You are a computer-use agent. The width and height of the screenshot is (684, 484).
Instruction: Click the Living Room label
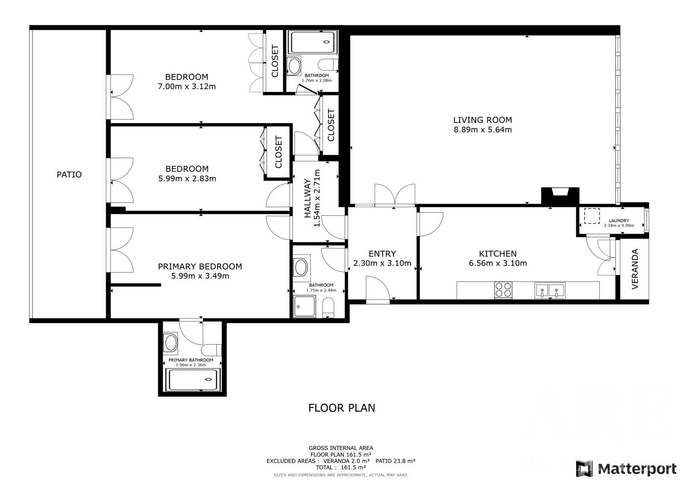[x=483, y=120]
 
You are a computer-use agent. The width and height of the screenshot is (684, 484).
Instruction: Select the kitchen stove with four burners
[x=503, y=290]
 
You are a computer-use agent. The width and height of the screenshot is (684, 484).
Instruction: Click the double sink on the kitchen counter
[x=550, y=291]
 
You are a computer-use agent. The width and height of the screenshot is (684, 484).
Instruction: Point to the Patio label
[x=69, y=175]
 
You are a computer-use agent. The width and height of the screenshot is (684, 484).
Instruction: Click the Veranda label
[x=635, y=269]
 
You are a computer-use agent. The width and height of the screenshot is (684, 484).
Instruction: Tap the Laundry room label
[x=619, y=220]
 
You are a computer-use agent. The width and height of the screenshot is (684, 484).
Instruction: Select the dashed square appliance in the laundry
[x=592, y=216]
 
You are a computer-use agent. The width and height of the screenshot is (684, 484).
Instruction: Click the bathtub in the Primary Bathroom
[x=192, y=380]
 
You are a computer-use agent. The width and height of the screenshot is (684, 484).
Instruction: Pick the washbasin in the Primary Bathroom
[x=171, y=343]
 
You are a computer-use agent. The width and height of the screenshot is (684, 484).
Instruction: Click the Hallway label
[x=307, y=198]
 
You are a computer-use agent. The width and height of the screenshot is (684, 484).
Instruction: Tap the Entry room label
[x=382, y=254]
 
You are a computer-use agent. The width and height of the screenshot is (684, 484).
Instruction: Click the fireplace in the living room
[x=560, y=196]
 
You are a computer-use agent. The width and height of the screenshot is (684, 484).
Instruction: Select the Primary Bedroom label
[x=200, y=267]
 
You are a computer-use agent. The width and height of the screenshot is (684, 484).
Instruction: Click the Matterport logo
[x=626, y=469]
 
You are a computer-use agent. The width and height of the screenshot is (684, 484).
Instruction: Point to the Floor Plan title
[x=342, y=408]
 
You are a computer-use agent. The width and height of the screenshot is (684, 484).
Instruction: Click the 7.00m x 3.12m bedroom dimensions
[x=187, y=86]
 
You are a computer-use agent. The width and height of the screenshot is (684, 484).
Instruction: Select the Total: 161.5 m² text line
[x=341, y=467]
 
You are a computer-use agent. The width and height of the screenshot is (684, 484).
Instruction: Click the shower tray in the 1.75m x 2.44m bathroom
[x=304, y=306]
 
